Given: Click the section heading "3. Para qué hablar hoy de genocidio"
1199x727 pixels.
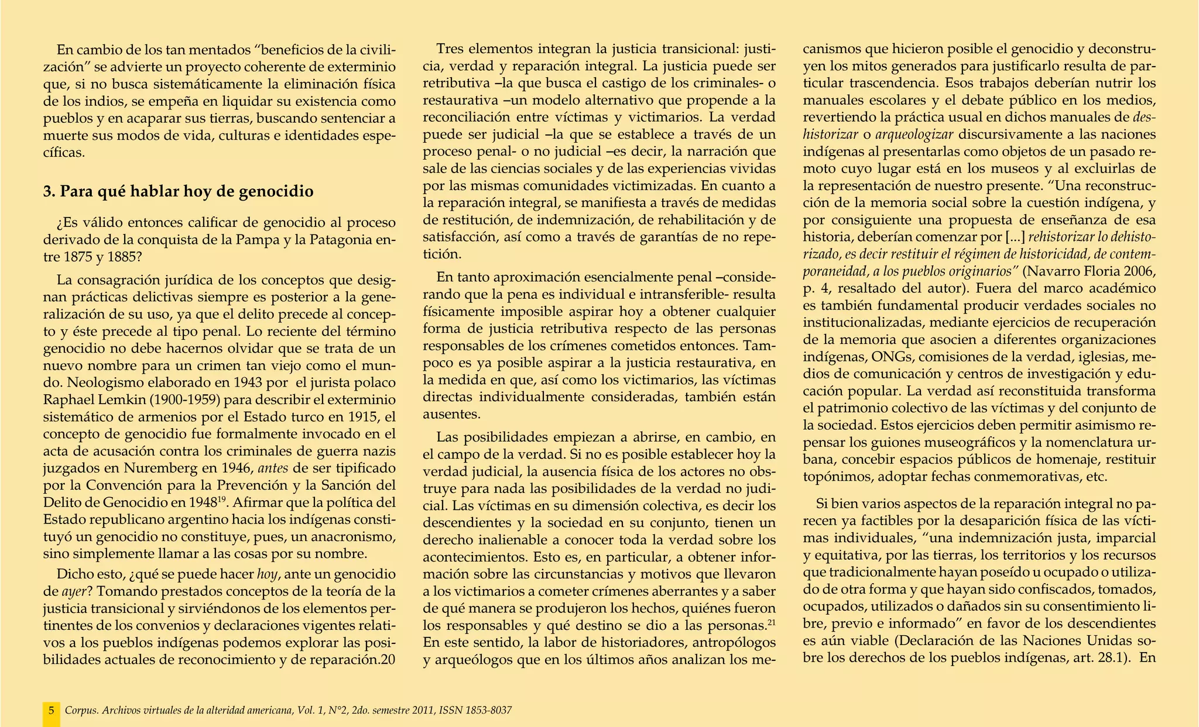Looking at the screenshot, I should coord(179,191).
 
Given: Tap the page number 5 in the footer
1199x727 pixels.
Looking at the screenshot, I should coord(51,711).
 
